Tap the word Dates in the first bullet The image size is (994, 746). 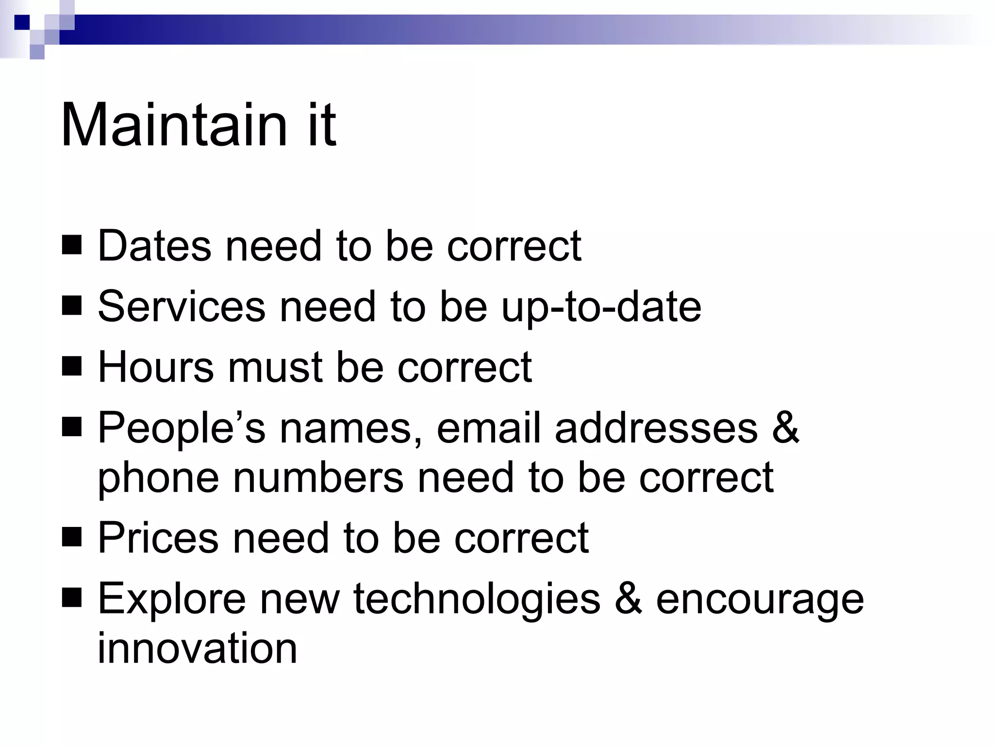coord(155,246)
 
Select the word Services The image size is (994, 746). coord(182,306)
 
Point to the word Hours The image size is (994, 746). coord(156,367)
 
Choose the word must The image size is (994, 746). coord(274,367)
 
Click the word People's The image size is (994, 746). coord(182,428)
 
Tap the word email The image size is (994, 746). coord(488,427)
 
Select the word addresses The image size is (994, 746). coord(656,427)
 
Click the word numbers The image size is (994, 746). coord(318,478)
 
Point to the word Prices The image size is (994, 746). coord(158,538)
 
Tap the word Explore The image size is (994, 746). coord(172,599)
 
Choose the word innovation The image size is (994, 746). coord(197,648)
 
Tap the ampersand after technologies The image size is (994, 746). coord(628,598)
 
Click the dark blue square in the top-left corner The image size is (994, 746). coord(22,22)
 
